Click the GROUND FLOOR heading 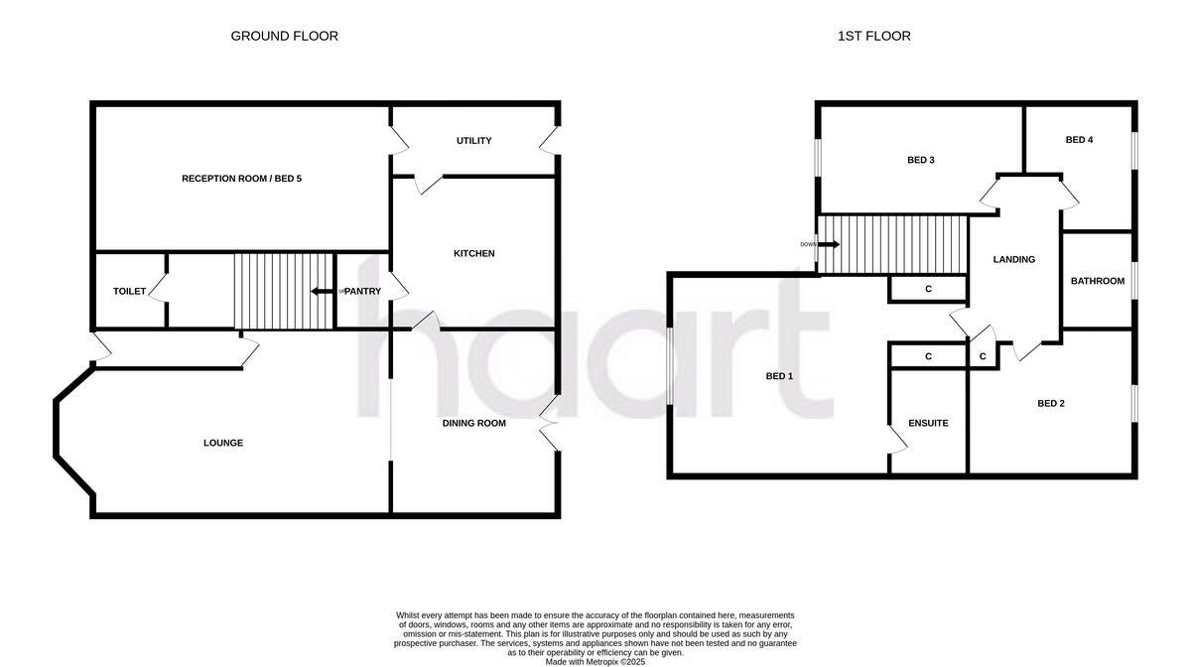[284, 36]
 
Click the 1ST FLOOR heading [872, 36]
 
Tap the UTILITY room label [473, 141]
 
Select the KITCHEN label [473, 254]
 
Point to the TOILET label [129, 291]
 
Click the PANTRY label [362, 291]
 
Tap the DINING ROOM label [473, 423]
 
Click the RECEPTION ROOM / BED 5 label [241, 179]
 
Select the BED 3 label [921, 160]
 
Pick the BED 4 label [1079, 140]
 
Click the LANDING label [1013, 259]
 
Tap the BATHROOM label [1097, 281]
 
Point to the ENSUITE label [928, 423]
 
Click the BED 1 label [779, 376]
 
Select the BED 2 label [1051, 403]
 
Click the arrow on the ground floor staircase [322, 291]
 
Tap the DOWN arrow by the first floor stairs [828, 244]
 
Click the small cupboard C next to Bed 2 [983, 356]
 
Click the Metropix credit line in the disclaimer [595, 661]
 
